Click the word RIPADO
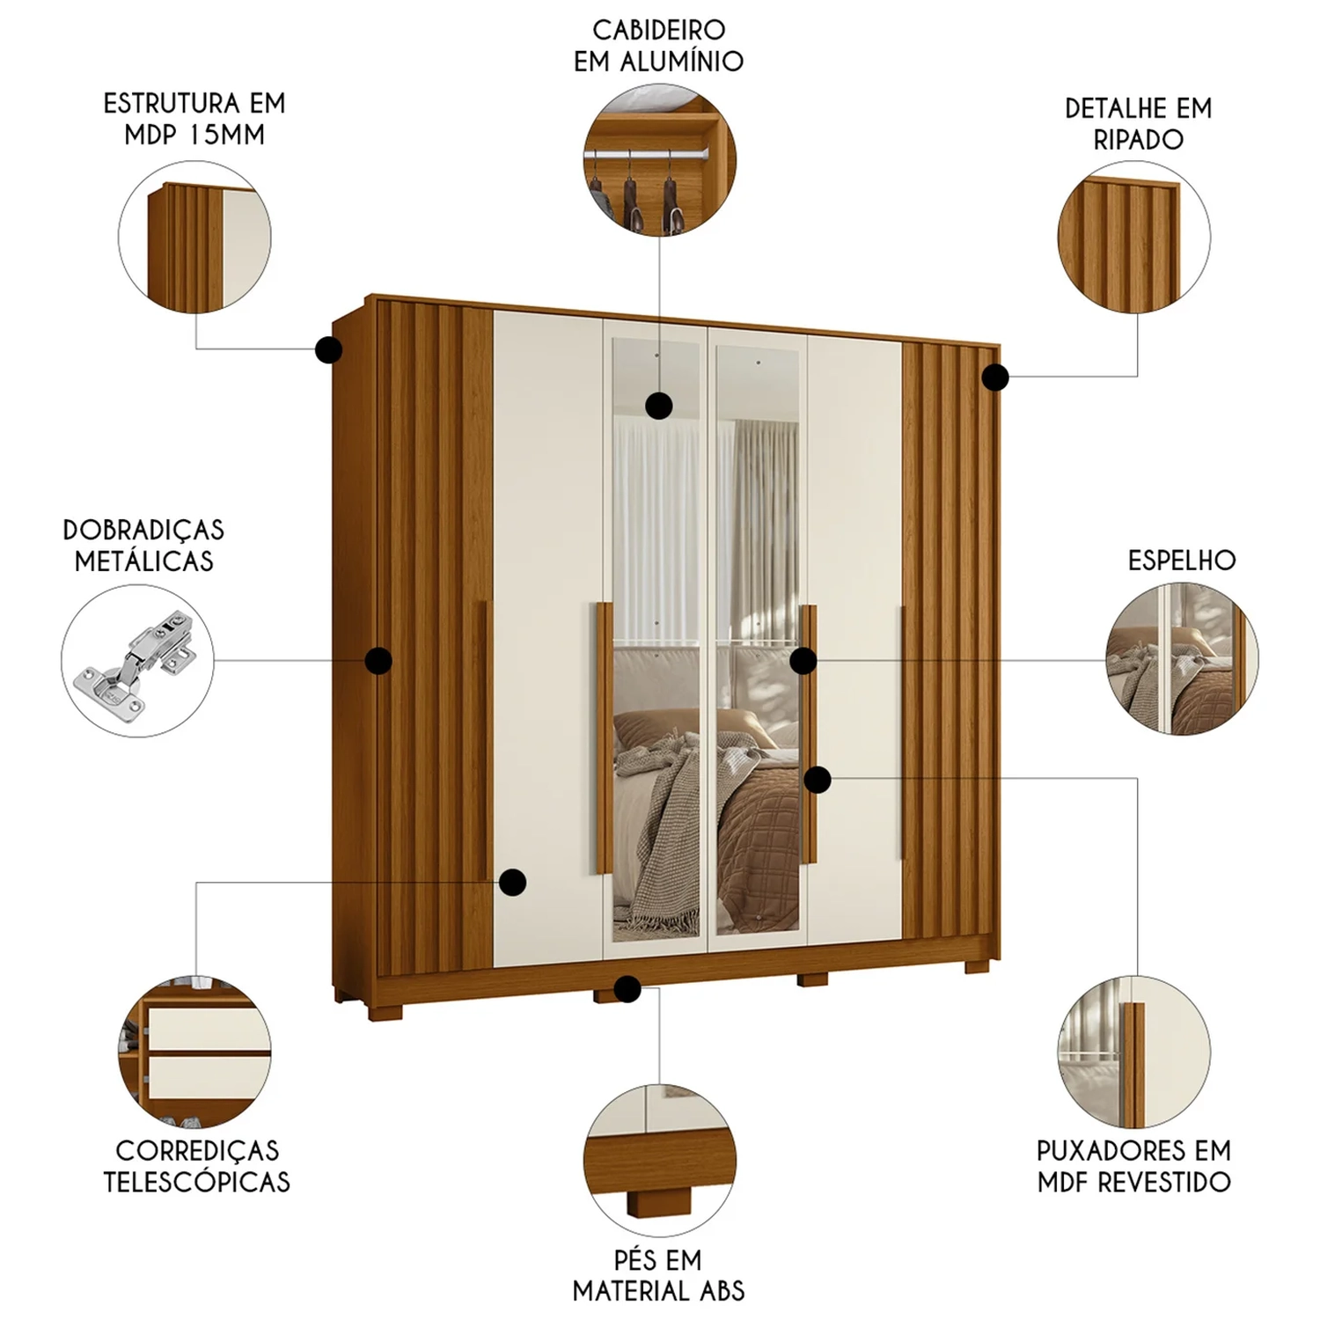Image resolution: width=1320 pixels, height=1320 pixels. tap(1138, 139)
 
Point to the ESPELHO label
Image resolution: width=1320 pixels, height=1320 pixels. tap(1182, 561)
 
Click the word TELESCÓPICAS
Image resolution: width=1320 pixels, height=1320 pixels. tap(196, 1181)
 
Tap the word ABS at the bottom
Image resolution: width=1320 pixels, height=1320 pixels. tap(722, 1291)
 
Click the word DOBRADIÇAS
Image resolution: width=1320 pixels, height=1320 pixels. tap(143, 530)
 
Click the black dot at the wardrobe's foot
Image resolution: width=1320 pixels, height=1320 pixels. tap(627, 989)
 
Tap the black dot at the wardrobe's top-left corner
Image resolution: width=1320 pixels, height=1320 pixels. tap(329, 350)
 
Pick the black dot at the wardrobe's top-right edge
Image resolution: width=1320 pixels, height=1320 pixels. tap(995, 378)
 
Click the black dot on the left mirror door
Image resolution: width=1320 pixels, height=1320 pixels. tap(659, 406)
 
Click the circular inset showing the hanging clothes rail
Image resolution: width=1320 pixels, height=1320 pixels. tap(660, 161)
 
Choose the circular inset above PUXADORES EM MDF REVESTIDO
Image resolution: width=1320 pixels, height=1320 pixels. tap(1133, 1052)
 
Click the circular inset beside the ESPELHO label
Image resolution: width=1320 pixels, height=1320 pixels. tap(1182, 658)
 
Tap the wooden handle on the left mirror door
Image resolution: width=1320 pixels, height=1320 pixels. tap(604, 737)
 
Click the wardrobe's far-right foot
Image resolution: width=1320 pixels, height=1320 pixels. tap(977, 966)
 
